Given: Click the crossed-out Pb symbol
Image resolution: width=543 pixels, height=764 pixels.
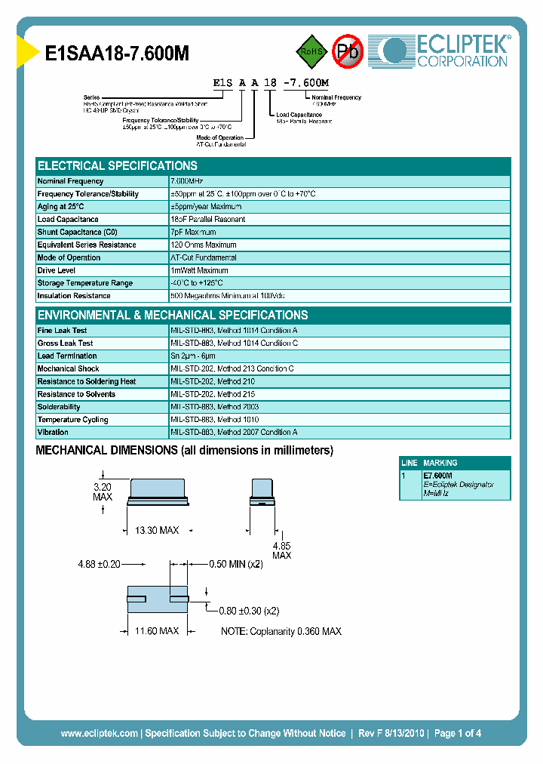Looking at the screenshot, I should tap(348, 51).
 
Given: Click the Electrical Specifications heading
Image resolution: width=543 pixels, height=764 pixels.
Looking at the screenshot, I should tap(118, 166).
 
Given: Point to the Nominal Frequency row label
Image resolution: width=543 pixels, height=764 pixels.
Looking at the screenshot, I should tap(71, 181).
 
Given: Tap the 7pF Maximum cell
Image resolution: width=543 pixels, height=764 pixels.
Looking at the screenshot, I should tap(194, 232).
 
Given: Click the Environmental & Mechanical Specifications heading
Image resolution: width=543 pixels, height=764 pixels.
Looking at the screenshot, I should tap(173, 316).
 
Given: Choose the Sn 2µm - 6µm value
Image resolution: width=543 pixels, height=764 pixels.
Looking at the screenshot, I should tap(193, 356).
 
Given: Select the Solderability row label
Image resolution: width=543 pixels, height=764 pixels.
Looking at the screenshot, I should tap(59, 407).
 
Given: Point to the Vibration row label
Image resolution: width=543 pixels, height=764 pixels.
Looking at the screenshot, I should tap(53, 433).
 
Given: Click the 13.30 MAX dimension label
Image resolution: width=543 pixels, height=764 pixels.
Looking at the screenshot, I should tap(156, 531).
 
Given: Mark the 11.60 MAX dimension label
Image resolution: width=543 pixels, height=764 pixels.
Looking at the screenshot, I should tap(156, 630).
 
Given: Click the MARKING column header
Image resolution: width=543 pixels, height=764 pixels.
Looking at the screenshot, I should tap(440, 463).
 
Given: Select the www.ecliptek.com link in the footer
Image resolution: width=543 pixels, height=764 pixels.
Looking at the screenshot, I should tap(99, 733).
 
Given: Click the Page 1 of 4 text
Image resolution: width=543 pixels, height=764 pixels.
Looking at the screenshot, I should tap(458, 733).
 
